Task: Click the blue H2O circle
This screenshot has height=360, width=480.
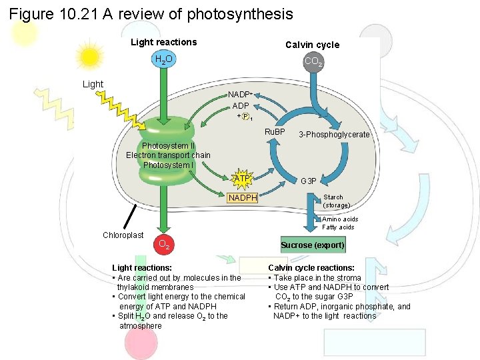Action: pyautogui.click(x=163, y=60)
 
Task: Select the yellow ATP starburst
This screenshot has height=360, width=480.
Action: pyautogui.click(x=241, y=179)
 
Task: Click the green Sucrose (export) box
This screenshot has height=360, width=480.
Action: pyautogui.click(x=313, y=245)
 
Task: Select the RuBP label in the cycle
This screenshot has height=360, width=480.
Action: pyautogui.click(x=275, y=131)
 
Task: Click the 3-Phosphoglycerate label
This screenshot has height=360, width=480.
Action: pyautogui.click(x=334, y=135)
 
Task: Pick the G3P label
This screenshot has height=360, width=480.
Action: pyautogui.click(x=309, y=181)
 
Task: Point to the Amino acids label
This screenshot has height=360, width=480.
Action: pyautogui.click(x=339, y=219)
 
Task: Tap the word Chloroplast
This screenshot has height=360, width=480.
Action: pyautogui.click(x=123, y=235)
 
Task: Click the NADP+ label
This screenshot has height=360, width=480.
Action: pyautogui.click(x=239, y=95)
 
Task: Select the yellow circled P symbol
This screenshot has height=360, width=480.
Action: pyautogui.click(x=245, y=117)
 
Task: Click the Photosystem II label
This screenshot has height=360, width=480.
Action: pyautogui.click(x=168, y=146)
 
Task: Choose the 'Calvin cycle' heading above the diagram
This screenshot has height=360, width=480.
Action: pyautogui.click(x=312, y=45)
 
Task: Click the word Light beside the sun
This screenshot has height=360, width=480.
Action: pyautogui.click(x=93, y=84)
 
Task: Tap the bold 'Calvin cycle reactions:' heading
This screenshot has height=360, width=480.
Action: pyautogui.click(x=311, y=268)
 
